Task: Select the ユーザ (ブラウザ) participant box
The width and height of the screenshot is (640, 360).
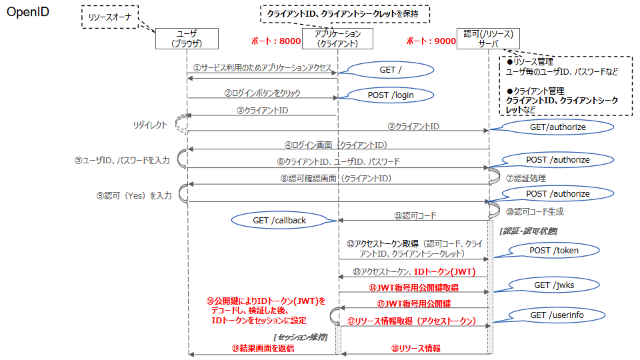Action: tap(187, 38)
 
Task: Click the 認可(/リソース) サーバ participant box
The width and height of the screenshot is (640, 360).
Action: tap(489, 38)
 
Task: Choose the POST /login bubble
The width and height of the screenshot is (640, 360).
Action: tap(390, 95)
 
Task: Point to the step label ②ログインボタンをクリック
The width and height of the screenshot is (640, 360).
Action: tap(262, 93)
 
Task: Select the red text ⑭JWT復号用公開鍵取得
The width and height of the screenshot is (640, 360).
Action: tap(413, 287)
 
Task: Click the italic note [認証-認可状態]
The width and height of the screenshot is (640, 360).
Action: tap(528, 230)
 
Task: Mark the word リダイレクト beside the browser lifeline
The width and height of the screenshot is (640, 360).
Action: tap(149, 125)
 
